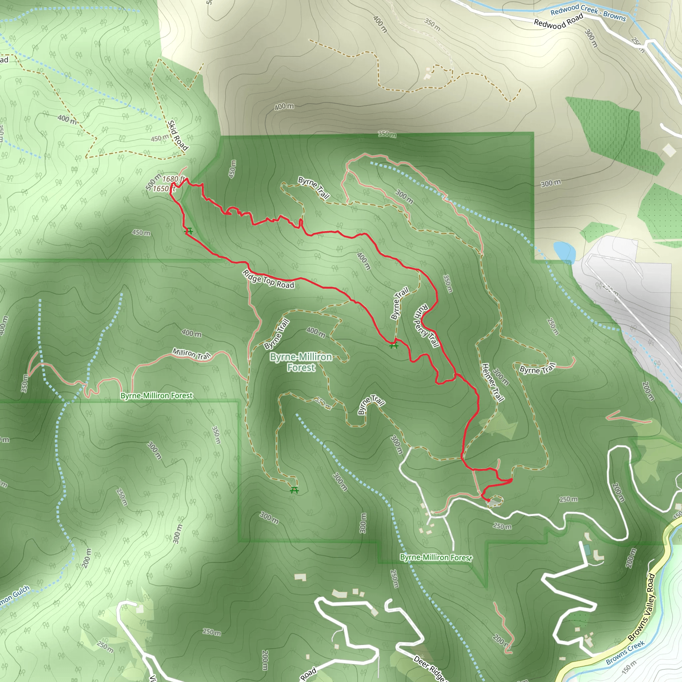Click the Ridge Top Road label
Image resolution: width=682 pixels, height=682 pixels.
pos(268,279)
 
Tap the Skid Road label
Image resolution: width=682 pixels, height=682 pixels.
pos(177,136)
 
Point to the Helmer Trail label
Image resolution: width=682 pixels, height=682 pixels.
pos(493,383)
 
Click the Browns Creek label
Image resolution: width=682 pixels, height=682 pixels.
pos(625,653)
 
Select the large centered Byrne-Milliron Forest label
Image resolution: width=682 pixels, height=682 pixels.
pos(301,362)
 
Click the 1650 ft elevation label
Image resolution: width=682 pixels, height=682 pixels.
pos(164,189)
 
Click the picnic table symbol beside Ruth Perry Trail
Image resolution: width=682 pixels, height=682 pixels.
pos(394,345)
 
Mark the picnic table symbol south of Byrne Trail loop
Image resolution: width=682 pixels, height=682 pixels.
pos(294,490)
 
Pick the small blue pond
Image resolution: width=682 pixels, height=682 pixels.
pos(564,251)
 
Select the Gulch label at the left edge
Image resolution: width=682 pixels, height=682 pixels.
pos(14,595)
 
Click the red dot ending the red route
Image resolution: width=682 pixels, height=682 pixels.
pos(488,500)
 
